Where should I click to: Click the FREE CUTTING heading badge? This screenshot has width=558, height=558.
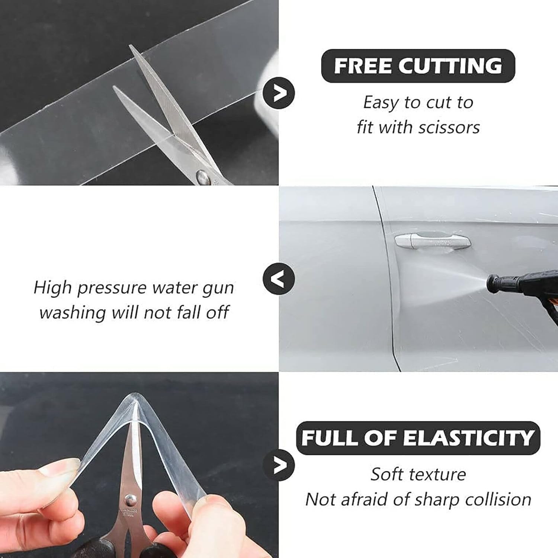pos(418,66)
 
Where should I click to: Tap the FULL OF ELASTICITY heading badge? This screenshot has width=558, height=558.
pos(418,438)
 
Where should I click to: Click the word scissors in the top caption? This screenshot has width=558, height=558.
pos(449,128)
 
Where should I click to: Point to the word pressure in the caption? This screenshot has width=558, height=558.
pos(112,288)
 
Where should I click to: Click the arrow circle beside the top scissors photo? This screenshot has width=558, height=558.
pos(279,93)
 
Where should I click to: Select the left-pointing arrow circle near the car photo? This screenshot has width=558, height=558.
pos(279,279)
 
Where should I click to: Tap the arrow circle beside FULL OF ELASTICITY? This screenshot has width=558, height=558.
pos(279,465)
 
